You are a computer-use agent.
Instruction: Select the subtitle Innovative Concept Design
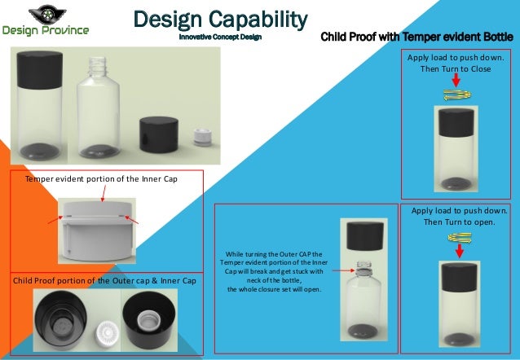click(220, 37)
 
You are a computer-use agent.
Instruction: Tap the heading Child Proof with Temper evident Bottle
click(416, 37)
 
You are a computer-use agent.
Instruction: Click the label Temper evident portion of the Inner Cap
click(101, 178)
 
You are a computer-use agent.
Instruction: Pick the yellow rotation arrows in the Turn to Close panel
click(455, 97)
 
